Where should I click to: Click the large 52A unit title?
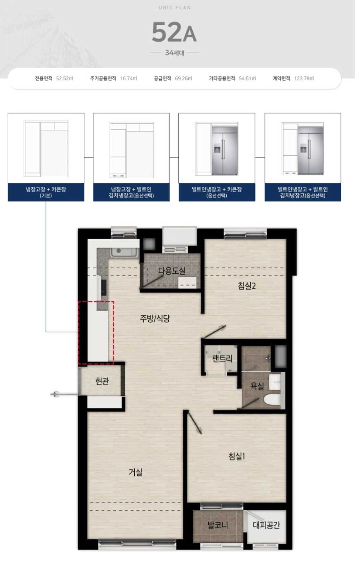[174, 32]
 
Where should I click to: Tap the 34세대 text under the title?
[175, 53]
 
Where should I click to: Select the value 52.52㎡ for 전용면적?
[65, 79]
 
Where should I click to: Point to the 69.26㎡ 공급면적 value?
[183, 79]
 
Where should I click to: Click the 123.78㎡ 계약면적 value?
[304, 79]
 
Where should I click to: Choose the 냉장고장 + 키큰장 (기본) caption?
[46, 192]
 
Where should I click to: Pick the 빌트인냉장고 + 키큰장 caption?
[217, 192]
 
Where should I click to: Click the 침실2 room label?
[247, 286]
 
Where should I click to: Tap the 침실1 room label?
[237, 456]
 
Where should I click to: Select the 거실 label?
[136, 472]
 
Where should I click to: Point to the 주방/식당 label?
[155, 318]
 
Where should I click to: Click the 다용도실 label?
[172, 270]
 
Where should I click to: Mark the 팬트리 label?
[222, 358]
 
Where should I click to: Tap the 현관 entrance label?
[102, 381]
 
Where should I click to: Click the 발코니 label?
[218, 525]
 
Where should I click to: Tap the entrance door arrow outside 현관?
[65, 394]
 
